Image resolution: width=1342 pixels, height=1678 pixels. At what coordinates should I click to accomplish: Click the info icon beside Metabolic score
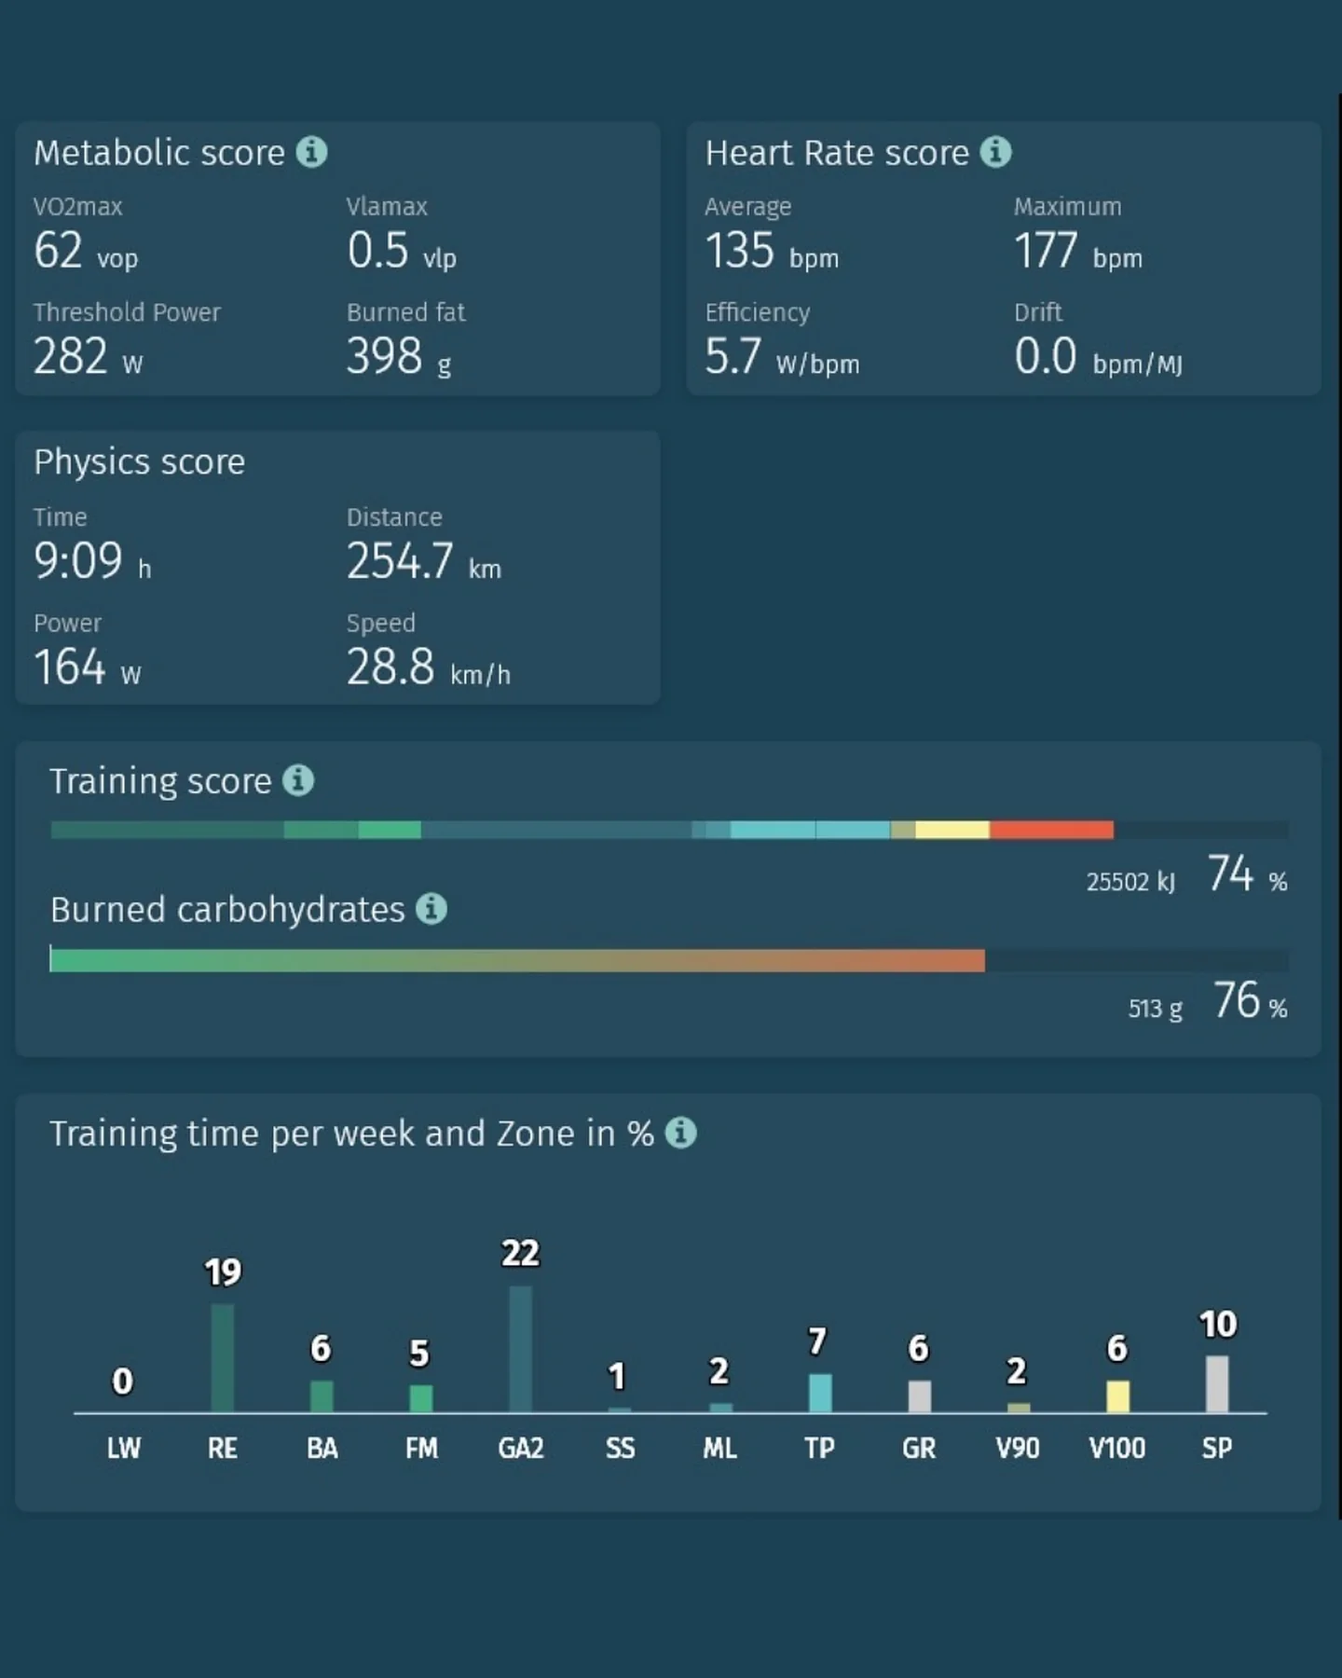(x=311, y=152)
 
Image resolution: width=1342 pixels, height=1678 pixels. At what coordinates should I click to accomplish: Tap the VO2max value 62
(x=58, y=250)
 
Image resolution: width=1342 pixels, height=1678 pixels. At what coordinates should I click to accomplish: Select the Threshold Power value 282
(x=70, y=356)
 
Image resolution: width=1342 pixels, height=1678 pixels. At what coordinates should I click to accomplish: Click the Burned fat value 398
(x=384, y=356)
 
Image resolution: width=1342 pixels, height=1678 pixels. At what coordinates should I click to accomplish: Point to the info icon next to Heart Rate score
(x=995, y=152)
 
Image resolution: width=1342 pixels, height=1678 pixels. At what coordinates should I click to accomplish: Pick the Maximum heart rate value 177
(x=1046, y=250)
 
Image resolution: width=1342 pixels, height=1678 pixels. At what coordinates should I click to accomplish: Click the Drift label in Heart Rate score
(x=1038, y=311)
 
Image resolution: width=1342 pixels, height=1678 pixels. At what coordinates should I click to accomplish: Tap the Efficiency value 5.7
(x=733, y=356)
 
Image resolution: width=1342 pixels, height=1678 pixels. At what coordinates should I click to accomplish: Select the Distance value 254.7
(x=400, y=561)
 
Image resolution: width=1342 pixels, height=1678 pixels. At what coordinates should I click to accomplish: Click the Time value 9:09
(x=78, y=561)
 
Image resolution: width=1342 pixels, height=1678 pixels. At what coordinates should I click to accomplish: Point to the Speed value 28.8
(x=390, y=667)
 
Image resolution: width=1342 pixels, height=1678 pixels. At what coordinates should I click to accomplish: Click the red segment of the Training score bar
(x=1051, y=830)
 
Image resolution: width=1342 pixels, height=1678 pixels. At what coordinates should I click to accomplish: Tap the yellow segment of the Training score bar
(x=952, y=830)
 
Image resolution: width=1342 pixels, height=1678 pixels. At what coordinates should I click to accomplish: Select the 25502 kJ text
(x=1130, y=882)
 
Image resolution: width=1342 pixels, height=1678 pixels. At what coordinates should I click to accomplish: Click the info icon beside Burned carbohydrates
(x=431, y=909)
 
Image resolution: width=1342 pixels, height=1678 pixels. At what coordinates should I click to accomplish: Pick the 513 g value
(x=1155, y=1009)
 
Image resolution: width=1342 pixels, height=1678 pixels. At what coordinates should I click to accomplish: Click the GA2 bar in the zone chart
(x=521, y=1349)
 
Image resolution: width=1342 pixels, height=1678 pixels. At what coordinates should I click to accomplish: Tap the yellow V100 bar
(x=1117, y=1396)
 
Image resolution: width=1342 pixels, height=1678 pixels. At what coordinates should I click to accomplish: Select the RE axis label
(x=223, y=1448)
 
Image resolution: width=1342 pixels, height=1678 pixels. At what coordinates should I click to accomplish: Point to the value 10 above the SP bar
(x=1217, y=1325)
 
